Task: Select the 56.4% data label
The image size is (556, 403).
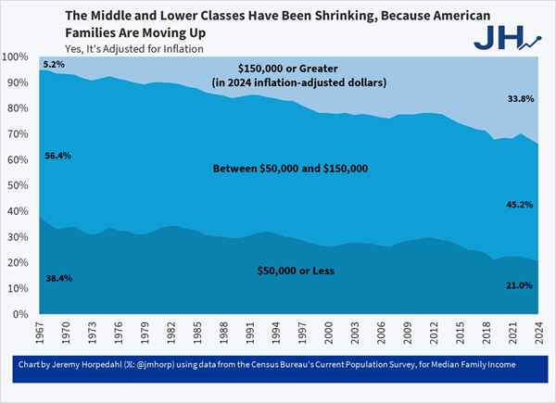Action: click(x=57, y=156)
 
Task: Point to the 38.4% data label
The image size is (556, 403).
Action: click(x=57, y=278)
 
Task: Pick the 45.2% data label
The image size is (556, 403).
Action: click(x=518, y=204)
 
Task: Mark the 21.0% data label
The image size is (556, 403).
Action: click(x=518, y=285)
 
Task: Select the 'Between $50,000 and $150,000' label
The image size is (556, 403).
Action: click(x=291, y=169)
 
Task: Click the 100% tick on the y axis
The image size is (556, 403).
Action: click(x=19, y=57)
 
